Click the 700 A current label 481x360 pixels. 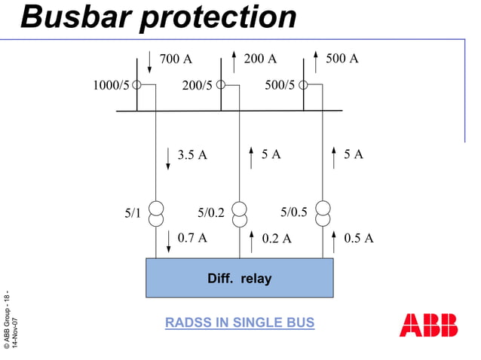(x=175, y=59)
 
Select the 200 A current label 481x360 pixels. (x=260, y=58)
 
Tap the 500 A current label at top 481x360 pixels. (x=342, y=58)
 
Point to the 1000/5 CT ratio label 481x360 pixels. (x=111, y=85)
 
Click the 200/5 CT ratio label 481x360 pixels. (x=198, y=86)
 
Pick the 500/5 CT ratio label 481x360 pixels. (x=280, y=85)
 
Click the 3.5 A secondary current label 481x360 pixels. (x=192, y=155)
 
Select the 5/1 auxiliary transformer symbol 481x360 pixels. (x=156, y=213)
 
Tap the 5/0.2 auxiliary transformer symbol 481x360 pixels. (x=240, y=213)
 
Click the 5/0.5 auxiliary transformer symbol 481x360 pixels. (x=323, y=213)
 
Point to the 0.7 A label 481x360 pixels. (x=192, y=238)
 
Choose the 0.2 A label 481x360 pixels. (x=277, y=239)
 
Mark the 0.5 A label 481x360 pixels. (x=358, y=238)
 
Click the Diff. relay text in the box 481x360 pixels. (x=239, y=279)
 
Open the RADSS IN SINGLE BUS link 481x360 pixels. (x=239, y=323)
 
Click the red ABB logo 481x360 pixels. (x=428, y=325)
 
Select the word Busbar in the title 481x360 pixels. (x=76, y=17)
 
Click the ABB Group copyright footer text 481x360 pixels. (x=11, y=320)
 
